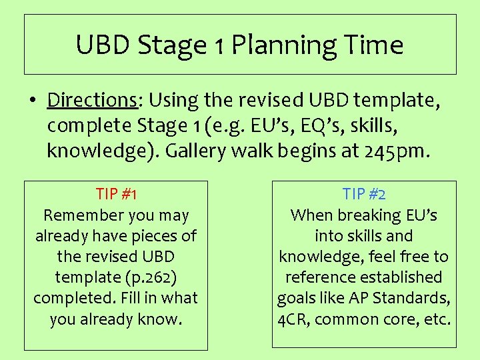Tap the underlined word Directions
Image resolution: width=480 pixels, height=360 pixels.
[92, 100]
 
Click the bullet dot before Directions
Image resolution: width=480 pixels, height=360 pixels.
[32, 101]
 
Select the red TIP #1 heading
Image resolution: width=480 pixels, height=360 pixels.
[116, 195]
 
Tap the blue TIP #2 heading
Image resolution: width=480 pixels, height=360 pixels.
[364, 195]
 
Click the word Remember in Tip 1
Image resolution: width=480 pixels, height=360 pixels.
[76, 215]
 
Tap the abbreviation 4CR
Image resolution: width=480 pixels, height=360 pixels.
[293, 319]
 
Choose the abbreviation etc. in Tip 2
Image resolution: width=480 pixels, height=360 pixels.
[437, 319]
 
